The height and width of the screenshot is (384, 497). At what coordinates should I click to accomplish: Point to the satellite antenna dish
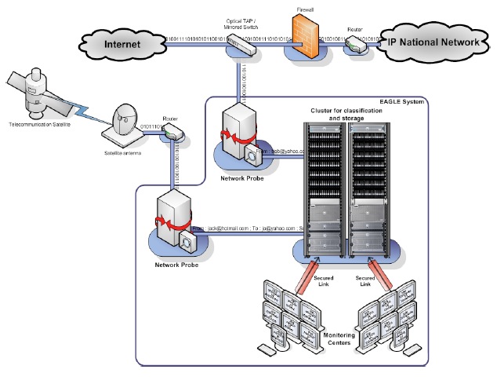point(125,123)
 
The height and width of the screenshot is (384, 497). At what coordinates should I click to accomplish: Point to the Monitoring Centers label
point(339,339)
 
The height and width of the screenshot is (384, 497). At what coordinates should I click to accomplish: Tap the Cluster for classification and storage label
point(346,116)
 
